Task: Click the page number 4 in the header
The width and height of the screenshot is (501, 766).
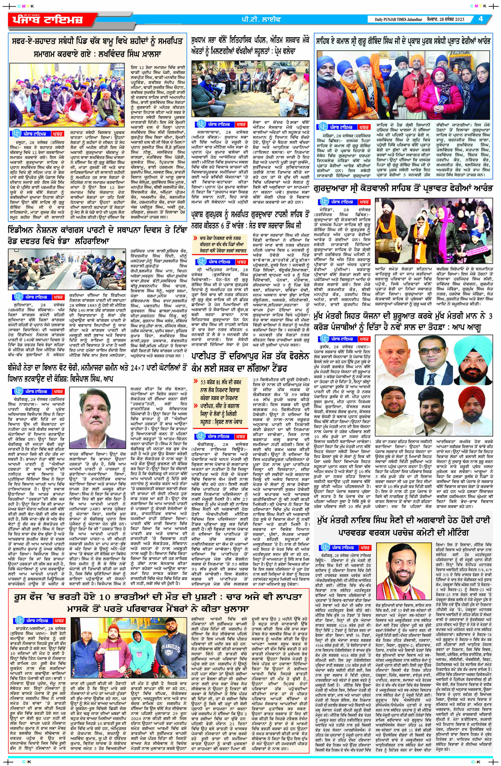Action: pyautogui.click(x=481, y=19)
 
